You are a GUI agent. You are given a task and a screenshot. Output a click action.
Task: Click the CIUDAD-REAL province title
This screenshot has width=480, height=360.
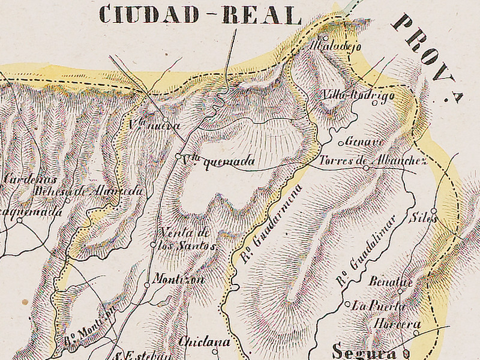coord(200,14)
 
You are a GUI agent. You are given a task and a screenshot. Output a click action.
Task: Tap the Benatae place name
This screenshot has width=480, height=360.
coord(385,282)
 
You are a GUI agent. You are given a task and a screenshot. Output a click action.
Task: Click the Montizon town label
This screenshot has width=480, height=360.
coord(179,280)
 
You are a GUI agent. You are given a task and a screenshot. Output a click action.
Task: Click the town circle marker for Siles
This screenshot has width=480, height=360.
coord(434,211)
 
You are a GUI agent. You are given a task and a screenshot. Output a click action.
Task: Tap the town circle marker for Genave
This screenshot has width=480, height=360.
coord(341,143)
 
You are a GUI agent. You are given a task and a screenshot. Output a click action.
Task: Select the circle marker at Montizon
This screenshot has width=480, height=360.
coord(146,285)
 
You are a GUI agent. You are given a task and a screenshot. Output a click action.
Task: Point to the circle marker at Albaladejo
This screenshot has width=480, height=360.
coord(326,39)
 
